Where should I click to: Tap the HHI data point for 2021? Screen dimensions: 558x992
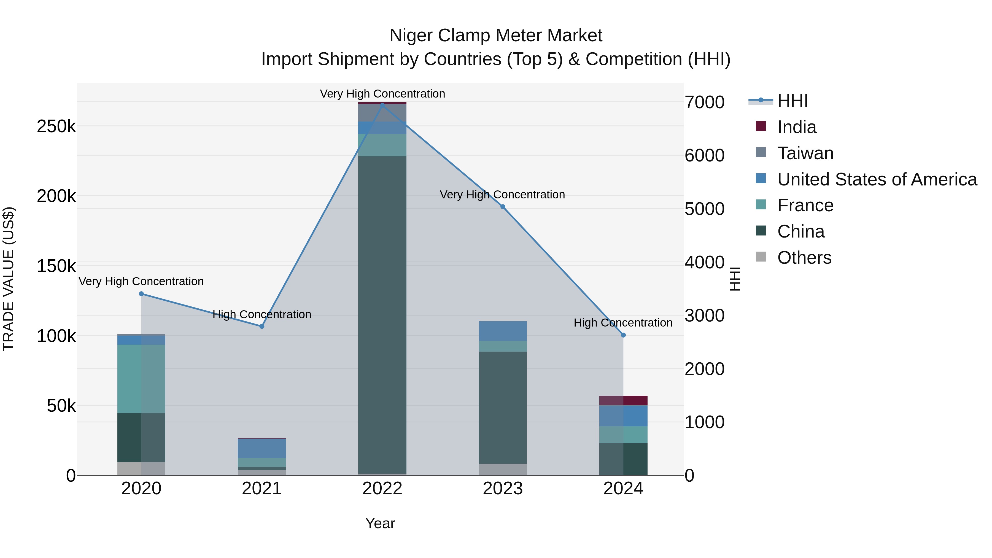click(x=262, y=326)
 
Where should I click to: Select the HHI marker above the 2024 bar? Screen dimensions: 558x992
click(x=624, y=335)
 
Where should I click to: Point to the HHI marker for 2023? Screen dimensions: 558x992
click(x=503, y=207)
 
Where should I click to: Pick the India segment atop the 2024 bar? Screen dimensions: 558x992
click(x=624, y=400)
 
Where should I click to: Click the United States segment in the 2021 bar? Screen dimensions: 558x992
click(x=262, y=448)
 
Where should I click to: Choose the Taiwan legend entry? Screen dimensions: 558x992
click(x=805, y=153)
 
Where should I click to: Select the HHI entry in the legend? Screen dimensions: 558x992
click(x=792, y=101)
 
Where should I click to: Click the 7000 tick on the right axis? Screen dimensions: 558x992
click(x=704, y=103)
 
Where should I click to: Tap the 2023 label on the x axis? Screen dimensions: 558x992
click(x=503, y=489)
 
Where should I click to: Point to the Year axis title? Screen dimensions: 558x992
click(x=380, y=523)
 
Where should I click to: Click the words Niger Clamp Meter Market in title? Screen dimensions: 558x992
click(x=496, y=36)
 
